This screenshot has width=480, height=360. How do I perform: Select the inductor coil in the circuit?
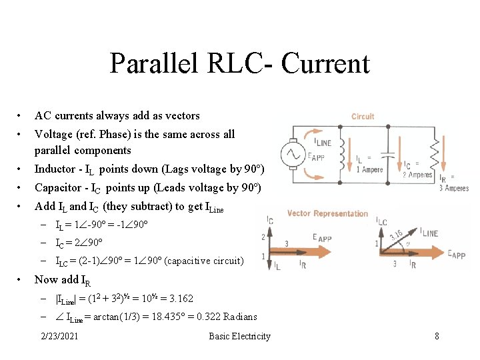click(345, 153)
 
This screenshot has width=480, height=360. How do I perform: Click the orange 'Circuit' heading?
click(363, 116)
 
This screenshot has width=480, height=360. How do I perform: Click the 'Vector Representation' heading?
click(327, 213)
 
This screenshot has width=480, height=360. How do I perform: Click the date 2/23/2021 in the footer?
click(59, 336)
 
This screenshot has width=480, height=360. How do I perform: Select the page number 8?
click(437, 336)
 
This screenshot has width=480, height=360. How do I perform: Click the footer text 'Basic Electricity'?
click(239, 336)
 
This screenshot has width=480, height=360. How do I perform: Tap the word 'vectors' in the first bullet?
click(181, 115)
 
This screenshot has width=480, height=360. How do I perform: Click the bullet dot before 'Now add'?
click(22, 279)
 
